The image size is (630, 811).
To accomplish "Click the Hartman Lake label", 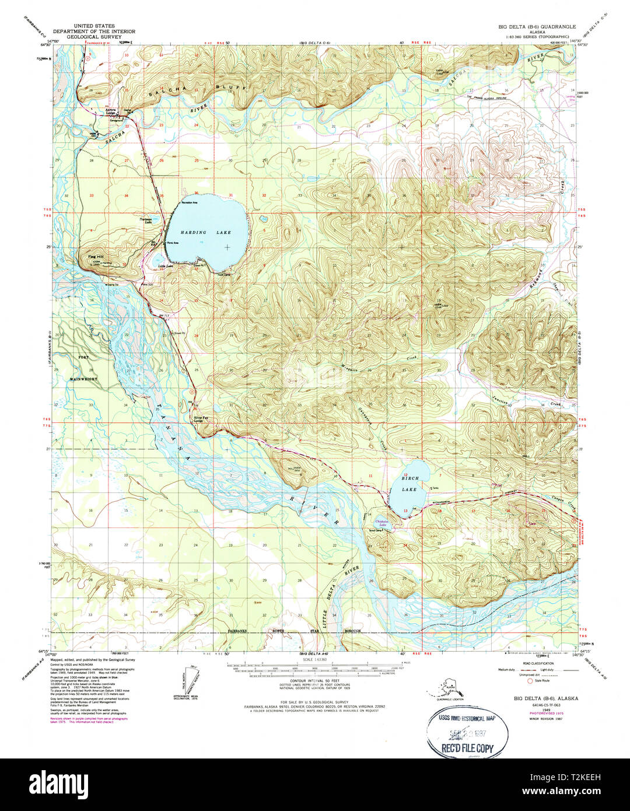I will (146, 221).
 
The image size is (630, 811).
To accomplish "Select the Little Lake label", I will (165, 267).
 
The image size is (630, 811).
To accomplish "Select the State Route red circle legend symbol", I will (530, 680).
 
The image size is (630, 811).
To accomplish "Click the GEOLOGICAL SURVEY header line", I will (93, 37).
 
